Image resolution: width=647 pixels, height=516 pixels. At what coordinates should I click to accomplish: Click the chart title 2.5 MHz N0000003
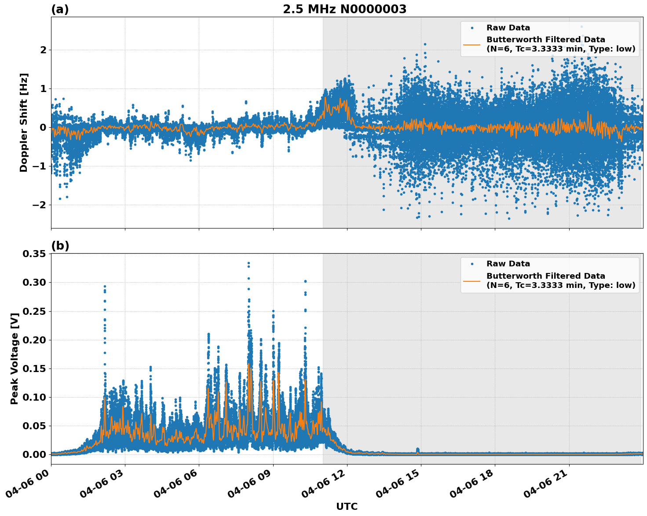[x=344, y=9]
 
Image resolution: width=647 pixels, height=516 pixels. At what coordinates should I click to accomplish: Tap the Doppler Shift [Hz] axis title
[x=24, y=122]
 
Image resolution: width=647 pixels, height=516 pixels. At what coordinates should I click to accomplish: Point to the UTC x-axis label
[x=347, y=506]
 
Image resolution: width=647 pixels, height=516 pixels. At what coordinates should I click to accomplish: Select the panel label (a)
[x=60, y=9]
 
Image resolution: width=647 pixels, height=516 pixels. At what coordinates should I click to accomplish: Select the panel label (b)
[x=60, y=246]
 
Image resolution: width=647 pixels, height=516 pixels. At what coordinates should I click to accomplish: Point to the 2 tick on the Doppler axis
[x=43, y=50]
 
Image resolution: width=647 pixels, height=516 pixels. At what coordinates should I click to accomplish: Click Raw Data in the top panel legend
[x=508, y=28]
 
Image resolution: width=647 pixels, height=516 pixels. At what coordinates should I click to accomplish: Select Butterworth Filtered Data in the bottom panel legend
[x=545, y=276]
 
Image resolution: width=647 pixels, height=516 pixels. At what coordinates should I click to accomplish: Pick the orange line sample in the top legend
[x=472, y=44]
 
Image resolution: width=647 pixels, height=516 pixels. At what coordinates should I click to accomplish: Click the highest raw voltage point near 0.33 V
[x=249, y=263]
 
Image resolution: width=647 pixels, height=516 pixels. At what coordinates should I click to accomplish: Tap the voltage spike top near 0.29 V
[x=105, y=286]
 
